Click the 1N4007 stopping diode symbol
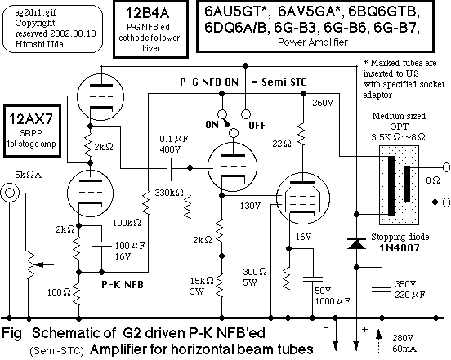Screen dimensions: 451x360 click(356, 243)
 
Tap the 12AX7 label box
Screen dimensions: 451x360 click(32, 131)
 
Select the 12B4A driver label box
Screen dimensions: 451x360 click(150, 29)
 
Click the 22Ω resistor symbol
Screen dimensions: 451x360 click(303, 134)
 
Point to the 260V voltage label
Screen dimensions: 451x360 click(323, 103)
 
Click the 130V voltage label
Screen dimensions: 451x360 click(251, 206)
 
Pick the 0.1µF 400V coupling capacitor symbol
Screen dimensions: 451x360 click(169, 168)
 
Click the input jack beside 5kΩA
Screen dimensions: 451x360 click(9, 193)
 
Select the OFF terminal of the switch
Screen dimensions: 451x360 click(245, 114)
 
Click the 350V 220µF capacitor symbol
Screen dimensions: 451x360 click(382, 290)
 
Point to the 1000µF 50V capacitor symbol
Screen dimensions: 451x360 click(313, 279)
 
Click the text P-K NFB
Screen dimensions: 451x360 click(123, 284)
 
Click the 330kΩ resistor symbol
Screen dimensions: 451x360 click(188, 207)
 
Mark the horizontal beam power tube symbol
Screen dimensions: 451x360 click(302, 198)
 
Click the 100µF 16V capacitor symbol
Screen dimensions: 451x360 click(101, 244)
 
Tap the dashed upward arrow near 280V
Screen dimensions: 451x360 click(379, 341)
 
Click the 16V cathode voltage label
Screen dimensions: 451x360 click(303, 237)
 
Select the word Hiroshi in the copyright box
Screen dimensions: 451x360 click(28, 44)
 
